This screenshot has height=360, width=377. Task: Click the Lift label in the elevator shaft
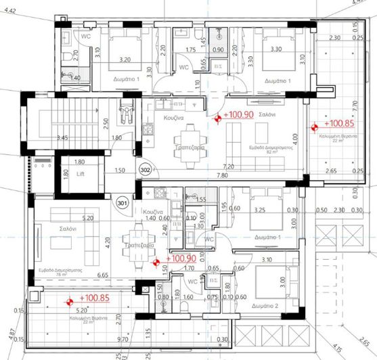click(x=81, y=173)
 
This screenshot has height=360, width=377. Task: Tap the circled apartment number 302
click(x=144, y=170)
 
